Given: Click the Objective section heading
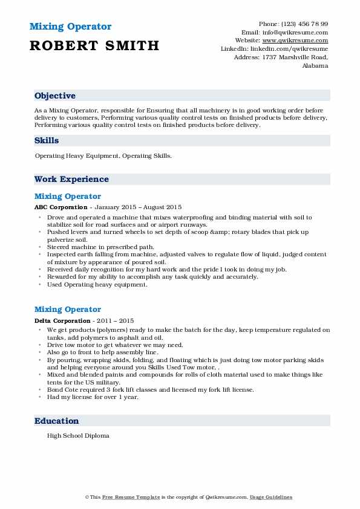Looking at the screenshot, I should [x=55, y=96].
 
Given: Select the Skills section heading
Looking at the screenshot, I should [x=47, y=141].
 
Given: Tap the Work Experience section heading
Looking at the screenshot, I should [x=71, y=180].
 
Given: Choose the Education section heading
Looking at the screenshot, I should [x=56, y=421].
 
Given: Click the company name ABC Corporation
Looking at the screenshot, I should [x=61, y=207].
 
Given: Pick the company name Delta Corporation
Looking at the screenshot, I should [x=62, y=320].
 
